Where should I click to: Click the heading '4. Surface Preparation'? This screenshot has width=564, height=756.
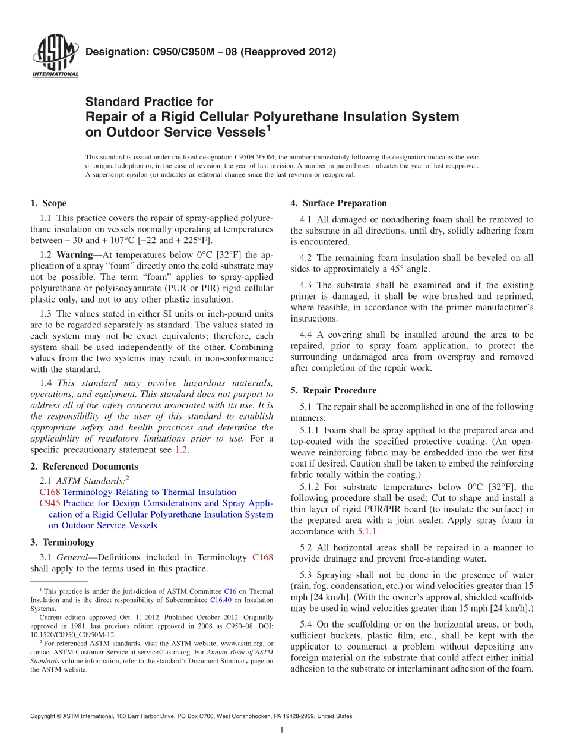click(x=338, y=203)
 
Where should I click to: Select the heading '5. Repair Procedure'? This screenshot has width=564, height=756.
click(x=333, y=390)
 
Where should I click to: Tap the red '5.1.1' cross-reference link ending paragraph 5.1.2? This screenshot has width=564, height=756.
click(x=367, y=531)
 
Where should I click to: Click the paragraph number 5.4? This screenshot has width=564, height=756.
click(x=306, y=624)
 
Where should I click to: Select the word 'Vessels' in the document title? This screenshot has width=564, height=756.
click(x=233, y=131)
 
